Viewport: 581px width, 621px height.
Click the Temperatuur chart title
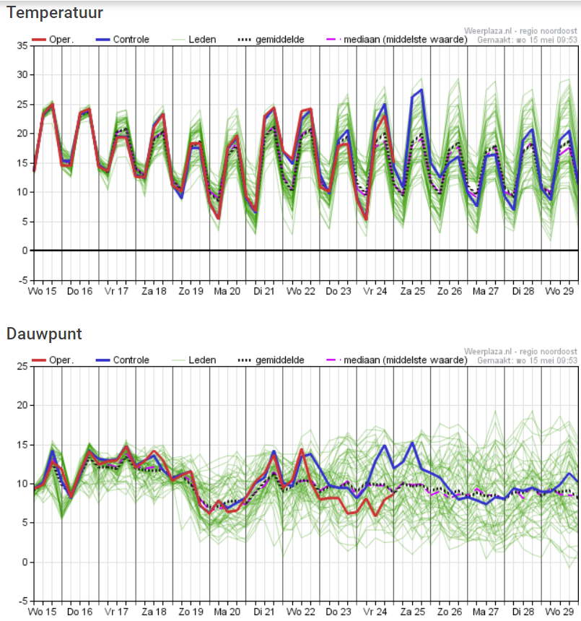[54, 12]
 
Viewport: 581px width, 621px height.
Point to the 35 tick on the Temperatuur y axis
[22, 45]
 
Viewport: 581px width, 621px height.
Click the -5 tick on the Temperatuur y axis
[22, 280]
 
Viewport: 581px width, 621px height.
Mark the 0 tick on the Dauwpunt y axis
[25, 562]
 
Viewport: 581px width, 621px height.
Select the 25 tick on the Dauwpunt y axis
[22, 367]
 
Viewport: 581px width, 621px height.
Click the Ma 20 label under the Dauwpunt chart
[227, 612]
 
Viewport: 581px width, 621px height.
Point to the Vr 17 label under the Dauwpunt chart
[117, 612]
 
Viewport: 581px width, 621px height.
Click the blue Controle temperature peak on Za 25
[421, 90]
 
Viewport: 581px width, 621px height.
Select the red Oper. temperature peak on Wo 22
[310, 109]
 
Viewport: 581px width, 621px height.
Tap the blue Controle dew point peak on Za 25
[412, 443]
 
